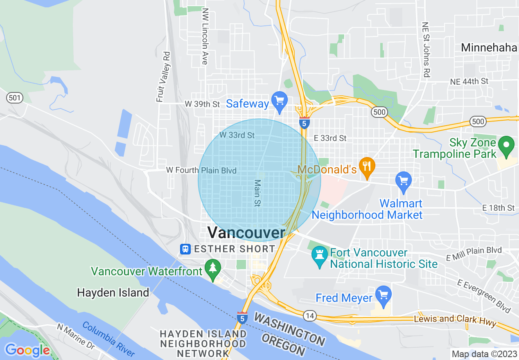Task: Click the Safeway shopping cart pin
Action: (x=280, y=101)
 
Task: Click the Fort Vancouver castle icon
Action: (x=319, y=255)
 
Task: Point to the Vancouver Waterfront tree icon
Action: (x=213, y=269)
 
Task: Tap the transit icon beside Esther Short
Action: (x=185, y=249)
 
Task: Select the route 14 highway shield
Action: (x=309, y=315)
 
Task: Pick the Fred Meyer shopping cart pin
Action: (x=383, y=296)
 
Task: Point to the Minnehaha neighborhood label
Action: (x=489, y=47)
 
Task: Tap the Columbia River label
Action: (x=108, y=339)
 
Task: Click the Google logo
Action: (x=27, y=350)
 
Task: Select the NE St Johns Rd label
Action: (x=426, y=50)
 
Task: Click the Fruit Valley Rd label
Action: (x=162, y=76)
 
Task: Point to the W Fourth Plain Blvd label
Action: (x=201, y=170)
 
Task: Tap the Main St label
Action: (x=257, y=193)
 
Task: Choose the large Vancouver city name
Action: (x=246, y=232)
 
